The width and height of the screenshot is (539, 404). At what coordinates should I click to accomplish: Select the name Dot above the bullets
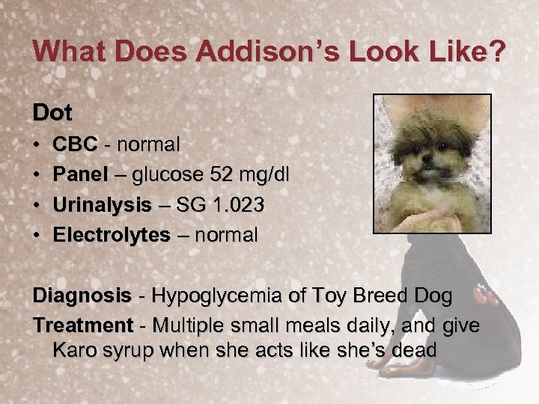tap(52, 114)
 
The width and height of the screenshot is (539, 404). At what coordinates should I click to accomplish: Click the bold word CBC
tap(75, 144)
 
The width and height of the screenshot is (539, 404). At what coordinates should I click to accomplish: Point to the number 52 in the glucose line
tap(221, 174)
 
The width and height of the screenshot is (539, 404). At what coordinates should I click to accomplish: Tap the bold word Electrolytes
tap(112, 235)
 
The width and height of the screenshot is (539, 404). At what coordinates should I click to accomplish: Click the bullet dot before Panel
tap(37, 175)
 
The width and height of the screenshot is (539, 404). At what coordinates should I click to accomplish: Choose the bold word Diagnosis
tap(81, 296)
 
